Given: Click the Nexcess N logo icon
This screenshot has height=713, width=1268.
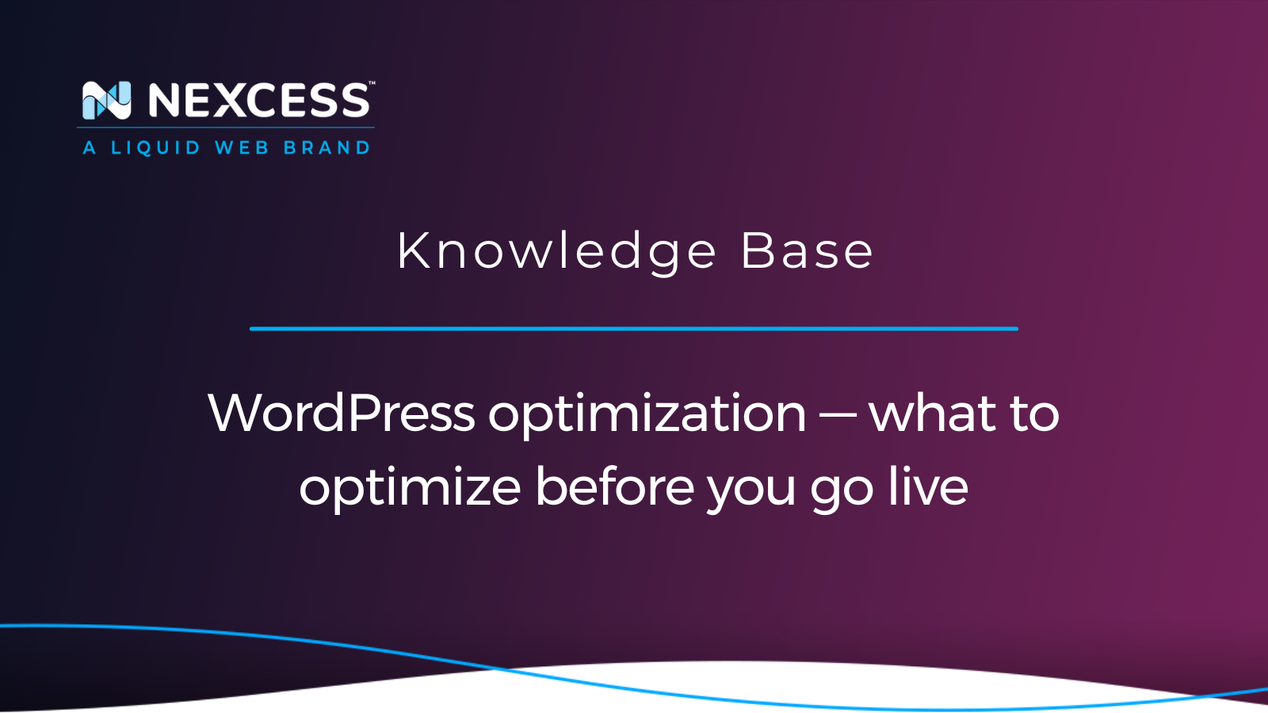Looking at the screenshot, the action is click(x=106, y=101).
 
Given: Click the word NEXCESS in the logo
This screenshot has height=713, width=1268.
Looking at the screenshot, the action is click(x=258, y=101).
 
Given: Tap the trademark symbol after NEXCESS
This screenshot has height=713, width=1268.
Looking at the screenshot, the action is click(x=372, y=83).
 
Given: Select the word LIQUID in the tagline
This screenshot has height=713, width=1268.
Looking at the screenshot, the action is click(x=155, y=147).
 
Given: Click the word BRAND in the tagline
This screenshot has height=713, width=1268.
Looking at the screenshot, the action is click(x=327, y=147).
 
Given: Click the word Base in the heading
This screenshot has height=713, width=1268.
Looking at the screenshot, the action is click(x=808, y=251).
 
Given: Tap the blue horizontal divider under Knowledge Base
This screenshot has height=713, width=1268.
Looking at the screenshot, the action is click(x=634, y=329).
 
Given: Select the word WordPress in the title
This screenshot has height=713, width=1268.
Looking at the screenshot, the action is click(x=342, y=413).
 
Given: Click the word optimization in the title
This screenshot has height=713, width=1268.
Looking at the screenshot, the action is click(x=647, y=415).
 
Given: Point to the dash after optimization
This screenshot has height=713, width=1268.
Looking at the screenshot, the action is click(x=838, y=415).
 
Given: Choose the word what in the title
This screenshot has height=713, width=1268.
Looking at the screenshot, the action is click(x=932, y=413).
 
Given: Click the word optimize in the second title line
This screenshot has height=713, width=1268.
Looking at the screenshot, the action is click(x=410, y=489).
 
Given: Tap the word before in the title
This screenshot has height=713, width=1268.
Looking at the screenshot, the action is click(x=615, y=486).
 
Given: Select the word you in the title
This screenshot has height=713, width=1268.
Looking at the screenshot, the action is click(x=752, y=491).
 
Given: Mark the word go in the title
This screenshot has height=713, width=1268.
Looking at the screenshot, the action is click(x=841, y=491).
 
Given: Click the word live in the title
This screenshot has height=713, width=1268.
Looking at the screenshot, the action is click(x=928, y=486).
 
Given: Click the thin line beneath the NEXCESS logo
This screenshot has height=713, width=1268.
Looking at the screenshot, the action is click(x=225, y=128).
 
